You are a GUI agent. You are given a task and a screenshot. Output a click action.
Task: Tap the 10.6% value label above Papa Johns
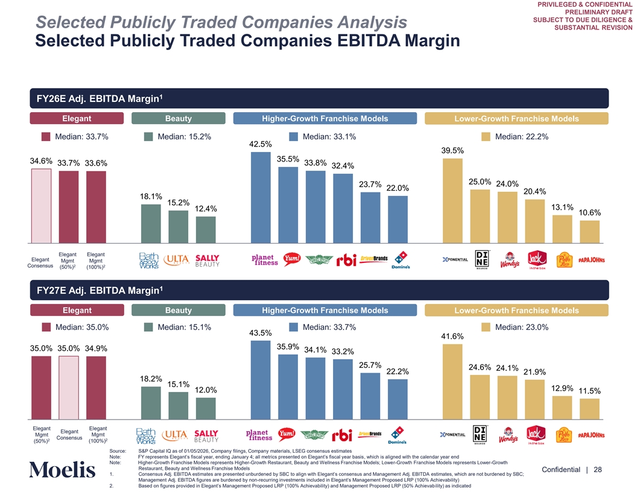[590, 213]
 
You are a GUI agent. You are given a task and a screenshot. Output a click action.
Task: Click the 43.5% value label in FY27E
[261, 333]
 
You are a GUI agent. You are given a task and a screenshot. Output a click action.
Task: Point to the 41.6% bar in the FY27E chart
[452, 381]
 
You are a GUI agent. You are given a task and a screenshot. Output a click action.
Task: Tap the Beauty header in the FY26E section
[178, 119]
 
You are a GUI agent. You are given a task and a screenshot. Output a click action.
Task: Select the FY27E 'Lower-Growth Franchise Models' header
[516, 311]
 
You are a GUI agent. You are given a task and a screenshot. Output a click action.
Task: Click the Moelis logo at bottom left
[62, 470]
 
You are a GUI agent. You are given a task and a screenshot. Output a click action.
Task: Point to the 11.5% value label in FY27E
[590, 391]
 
